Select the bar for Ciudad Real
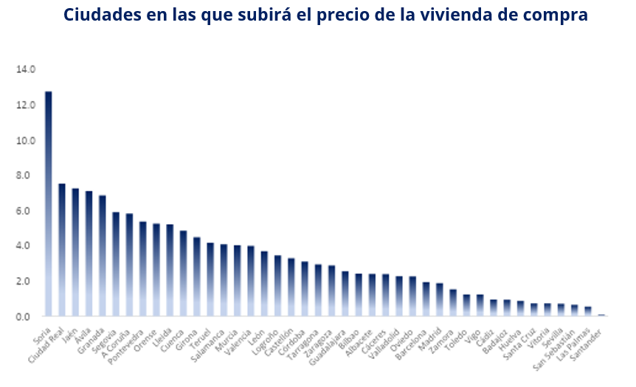(x=62, y=250)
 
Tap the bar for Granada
(x=103, y=256)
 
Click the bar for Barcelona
(x=426, y=299)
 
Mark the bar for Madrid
(x=439, y=300)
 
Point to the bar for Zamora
(x=453, y=303)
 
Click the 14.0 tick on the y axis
(x=26, y=69)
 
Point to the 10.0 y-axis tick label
(x=26, y=140)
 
